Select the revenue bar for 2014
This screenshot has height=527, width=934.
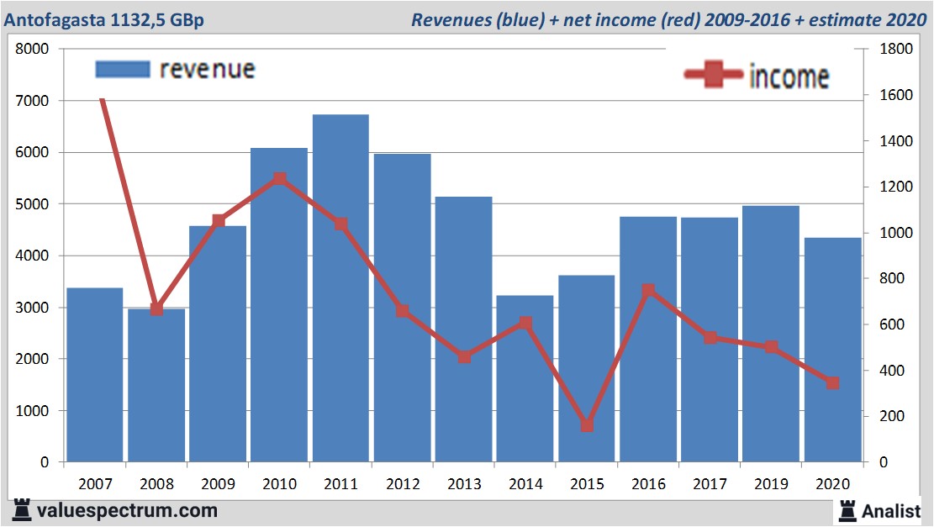point(525,378)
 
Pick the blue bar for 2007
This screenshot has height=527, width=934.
point(95,375)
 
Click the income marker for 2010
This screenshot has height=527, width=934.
point(280,178)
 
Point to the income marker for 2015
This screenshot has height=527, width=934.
point(587,425)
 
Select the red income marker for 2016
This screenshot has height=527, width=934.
point(648,291)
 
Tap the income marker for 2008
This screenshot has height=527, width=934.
point(156,308)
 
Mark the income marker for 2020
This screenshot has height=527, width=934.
point(832,382)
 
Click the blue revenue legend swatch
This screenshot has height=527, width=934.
point(123,69)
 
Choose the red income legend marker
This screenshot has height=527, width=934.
point(715,75)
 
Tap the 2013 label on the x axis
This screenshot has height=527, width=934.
point(464,484)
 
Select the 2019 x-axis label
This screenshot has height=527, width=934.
point(771,484)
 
